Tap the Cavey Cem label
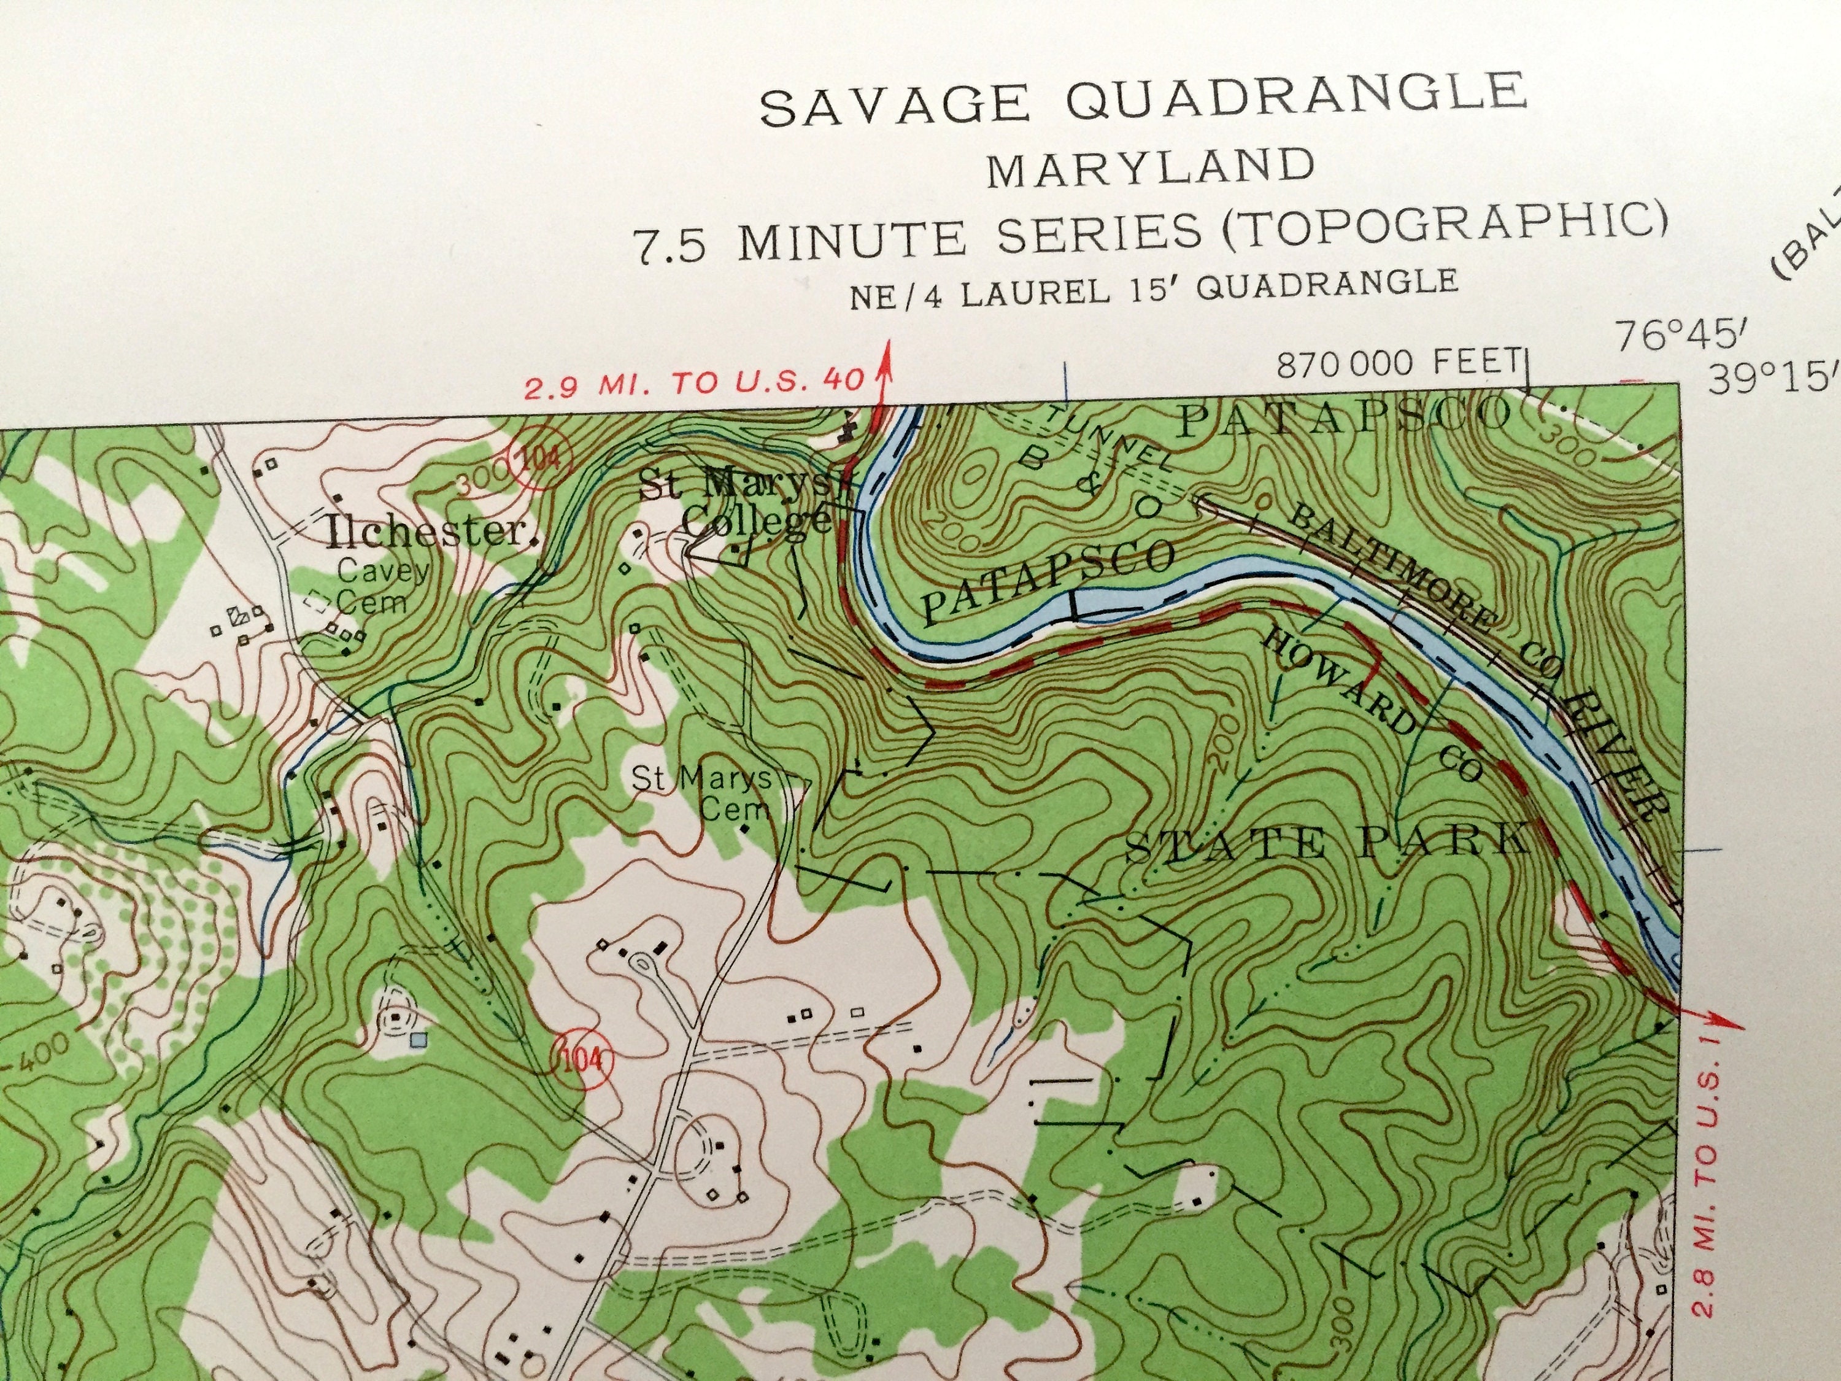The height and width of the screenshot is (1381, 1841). point(384,586)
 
